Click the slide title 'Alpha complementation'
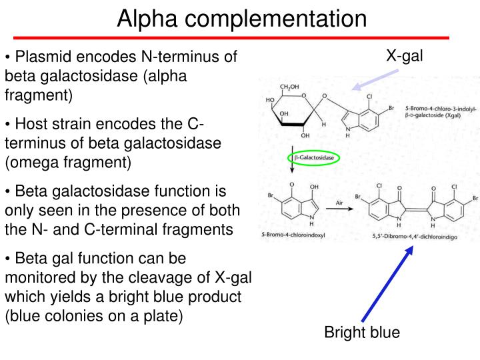(241, 18)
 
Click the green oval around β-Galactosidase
(313, 159)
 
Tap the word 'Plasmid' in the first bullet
(39, 57)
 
